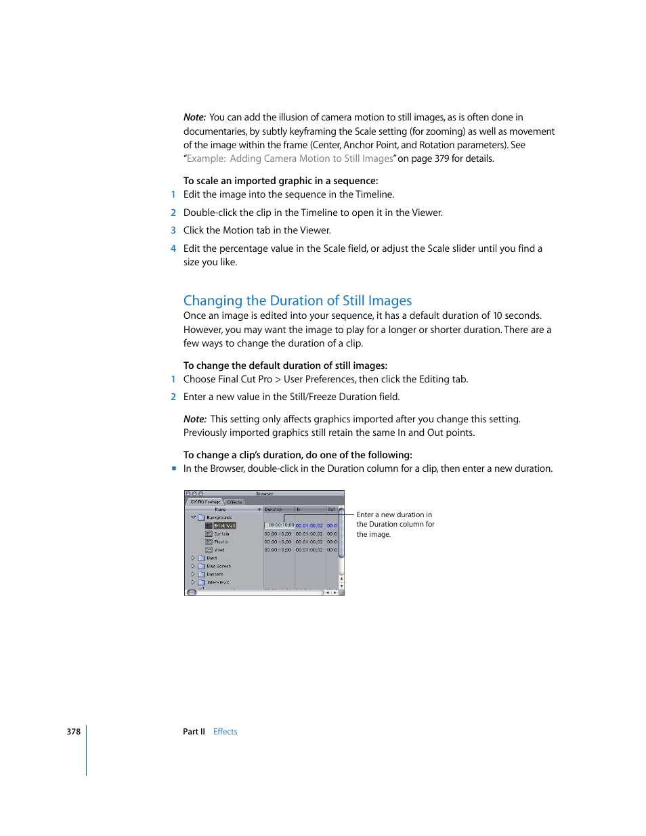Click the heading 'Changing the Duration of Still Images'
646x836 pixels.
pos(297,301)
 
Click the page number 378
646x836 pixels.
pos(73,732)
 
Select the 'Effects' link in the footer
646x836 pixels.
pos(225,732)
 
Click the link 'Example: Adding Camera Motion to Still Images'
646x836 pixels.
pos(290,158)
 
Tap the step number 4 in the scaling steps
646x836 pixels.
pos(173,248)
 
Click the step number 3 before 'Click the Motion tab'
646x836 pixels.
pos(173,230)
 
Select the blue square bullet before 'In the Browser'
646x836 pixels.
pos(174,468)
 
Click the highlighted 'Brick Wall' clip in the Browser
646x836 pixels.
pos(224,525)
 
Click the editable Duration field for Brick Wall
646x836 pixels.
pos(279,525)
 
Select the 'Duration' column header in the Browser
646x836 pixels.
pos(274,510)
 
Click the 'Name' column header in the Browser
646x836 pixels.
pos(220,510)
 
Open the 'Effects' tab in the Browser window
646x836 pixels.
pos(234,502)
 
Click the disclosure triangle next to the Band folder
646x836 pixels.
pos(193,558)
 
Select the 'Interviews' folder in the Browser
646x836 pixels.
pos(217,582)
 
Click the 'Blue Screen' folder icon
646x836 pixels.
pos(201,566)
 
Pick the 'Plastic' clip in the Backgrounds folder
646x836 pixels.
pos(221,542)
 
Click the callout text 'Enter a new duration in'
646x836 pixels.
pos(394,514)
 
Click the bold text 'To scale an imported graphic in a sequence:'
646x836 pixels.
pos(280,181)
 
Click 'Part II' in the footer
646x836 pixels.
pos(194,732)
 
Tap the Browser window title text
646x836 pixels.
pos(264,494)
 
